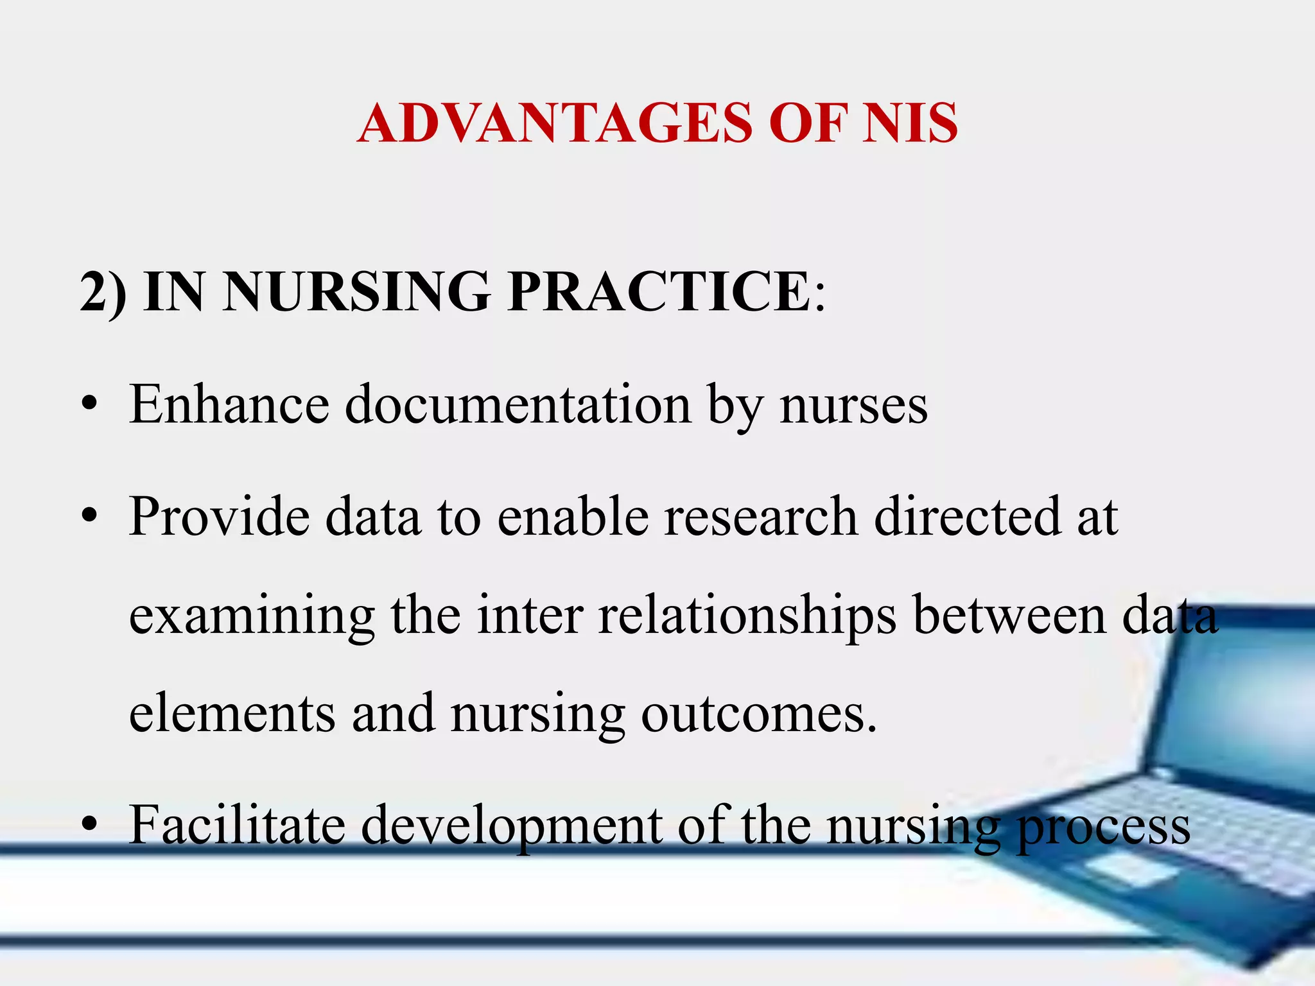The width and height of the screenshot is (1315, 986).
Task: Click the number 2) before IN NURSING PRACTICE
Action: [x=103, y=292]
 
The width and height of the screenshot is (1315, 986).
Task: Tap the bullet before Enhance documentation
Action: [x=90, y=406]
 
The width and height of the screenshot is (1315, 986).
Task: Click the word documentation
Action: [x=518, y=406]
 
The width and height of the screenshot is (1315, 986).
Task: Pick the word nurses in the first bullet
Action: [x=853, y=406]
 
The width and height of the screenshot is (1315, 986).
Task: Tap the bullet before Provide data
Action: [x=90, y=517]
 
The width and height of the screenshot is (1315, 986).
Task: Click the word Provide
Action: [x=219, y=517]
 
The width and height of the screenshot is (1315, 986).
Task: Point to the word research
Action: [x=761, y=517]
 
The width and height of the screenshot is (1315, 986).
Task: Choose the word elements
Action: [x=232, y=714]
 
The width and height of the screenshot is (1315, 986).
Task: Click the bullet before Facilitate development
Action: [x=90, y=825]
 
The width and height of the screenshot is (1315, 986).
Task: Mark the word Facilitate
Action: [x=237, y=825]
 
